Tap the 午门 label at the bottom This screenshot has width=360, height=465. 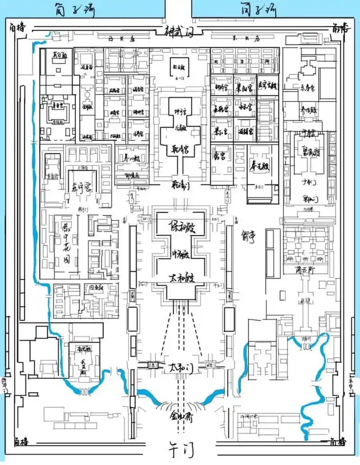coord(180,448)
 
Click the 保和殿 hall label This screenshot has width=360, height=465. coord(178,226)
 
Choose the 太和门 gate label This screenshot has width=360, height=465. coord(179,368)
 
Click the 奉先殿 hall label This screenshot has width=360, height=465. coord(260,166)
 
